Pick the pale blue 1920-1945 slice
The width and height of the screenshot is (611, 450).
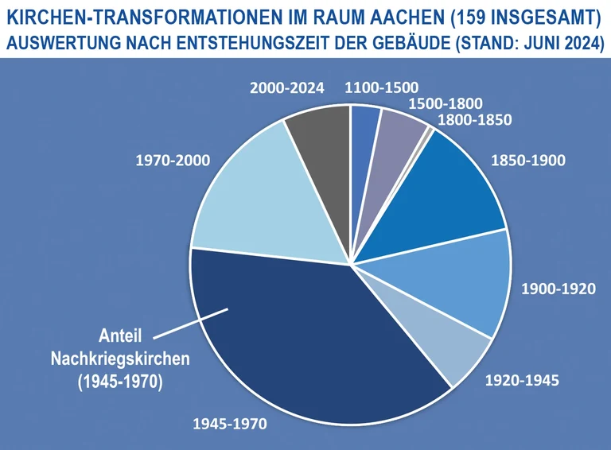click(x=446, y=342)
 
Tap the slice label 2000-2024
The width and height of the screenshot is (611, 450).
click(x=287, y=88)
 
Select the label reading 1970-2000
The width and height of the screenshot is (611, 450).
click(x=173, y=161)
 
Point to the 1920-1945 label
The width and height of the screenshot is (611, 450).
click(x=522, y=381)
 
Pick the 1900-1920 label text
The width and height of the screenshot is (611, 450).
click(x=558, y=288)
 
